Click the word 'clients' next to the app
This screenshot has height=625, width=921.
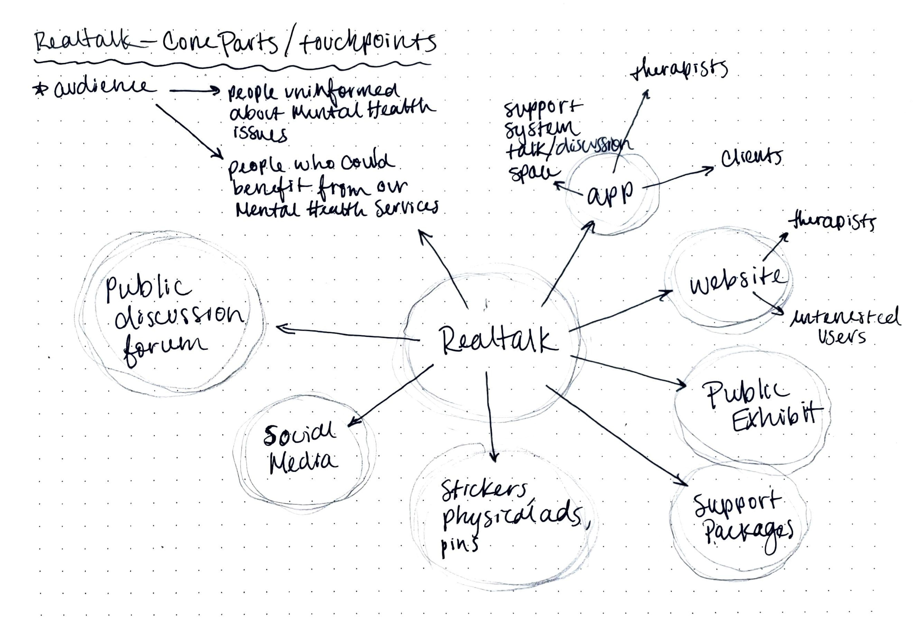click(x=751, y=158)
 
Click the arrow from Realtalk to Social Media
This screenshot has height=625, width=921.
click(x=390, y=396)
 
